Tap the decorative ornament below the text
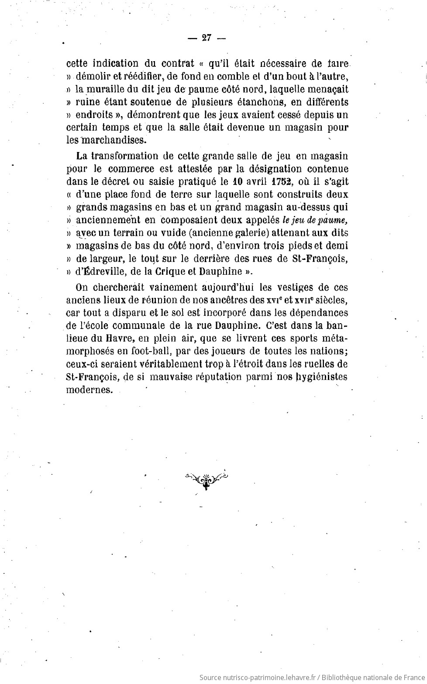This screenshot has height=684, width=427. [207, 480]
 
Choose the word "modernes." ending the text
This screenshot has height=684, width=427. [89, 390]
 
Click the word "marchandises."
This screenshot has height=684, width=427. [113, 140]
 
